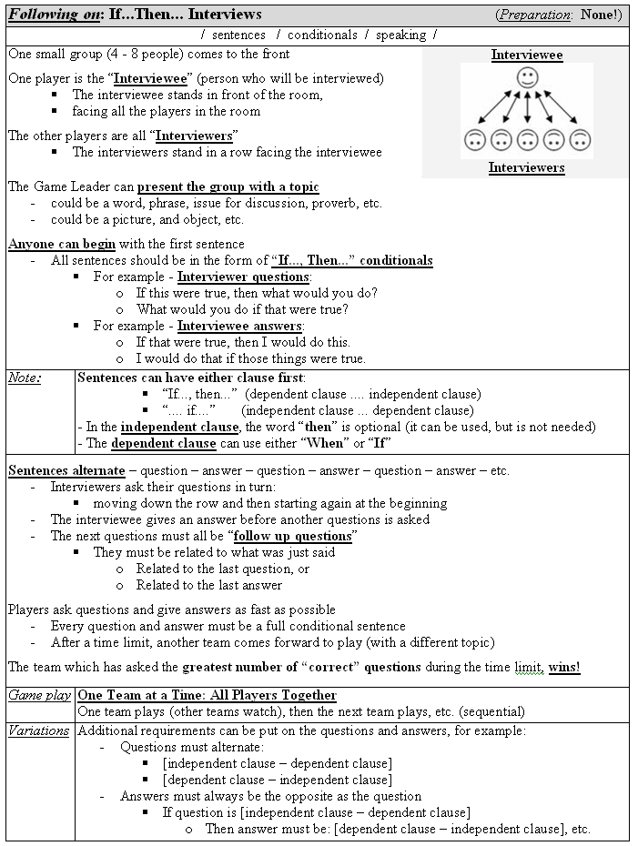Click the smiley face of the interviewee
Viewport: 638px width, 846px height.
[527, 77]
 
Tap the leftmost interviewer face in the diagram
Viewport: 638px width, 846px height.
[473, 140]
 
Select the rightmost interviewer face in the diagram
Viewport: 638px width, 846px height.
[582, 140]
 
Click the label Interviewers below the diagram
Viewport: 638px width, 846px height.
[526, 167]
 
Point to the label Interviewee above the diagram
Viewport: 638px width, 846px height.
[527, 55]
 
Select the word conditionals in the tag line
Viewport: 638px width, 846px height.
[321, 35]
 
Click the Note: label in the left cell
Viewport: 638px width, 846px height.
[25, 378]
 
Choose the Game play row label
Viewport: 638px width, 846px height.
[40, 695]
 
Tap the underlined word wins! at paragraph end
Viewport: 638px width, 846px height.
[564, 667]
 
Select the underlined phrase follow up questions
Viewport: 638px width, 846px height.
[294, 536]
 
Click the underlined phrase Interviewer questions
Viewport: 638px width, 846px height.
[243, 277]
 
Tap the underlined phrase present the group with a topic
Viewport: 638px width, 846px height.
[228, 186]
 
